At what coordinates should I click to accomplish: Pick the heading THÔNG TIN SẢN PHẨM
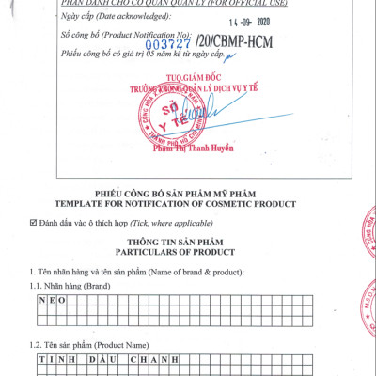[187, 242]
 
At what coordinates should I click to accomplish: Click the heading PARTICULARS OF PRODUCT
[187, 253]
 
